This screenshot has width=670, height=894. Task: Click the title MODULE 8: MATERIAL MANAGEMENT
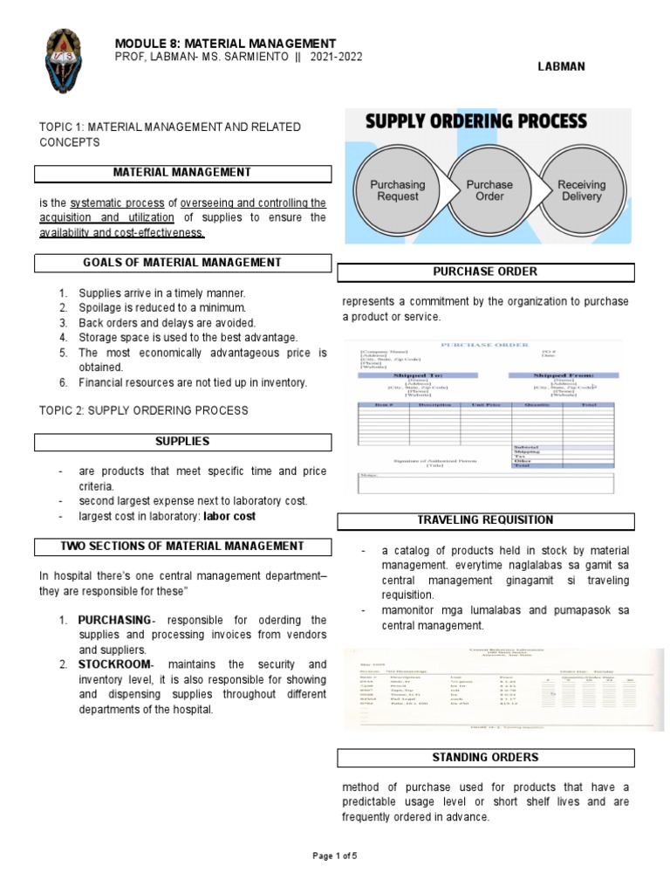coord(225,43)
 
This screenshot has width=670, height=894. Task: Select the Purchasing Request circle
coord(398,190)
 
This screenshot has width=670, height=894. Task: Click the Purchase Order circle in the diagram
coord(490,190)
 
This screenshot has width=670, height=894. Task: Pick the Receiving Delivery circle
coord(581,190)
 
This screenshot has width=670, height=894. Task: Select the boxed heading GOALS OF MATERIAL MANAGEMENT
coord(182,263)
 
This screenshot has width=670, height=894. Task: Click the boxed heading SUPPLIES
coord(182,443)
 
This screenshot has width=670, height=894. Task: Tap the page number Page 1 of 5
coord(335,856)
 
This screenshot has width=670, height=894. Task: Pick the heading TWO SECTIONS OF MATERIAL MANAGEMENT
coord(182,547)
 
